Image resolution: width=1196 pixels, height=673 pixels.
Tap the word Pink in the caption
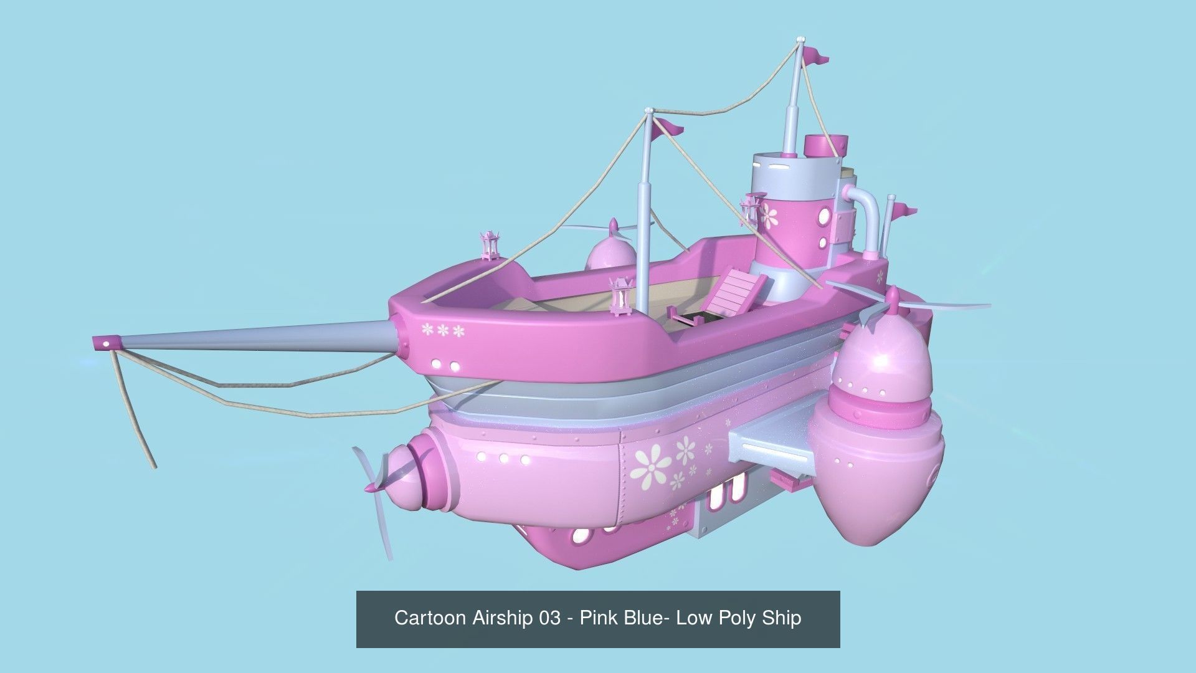coord(600,618)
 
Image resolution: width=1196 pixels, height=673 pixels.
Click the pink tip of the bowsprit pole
coord(104,343)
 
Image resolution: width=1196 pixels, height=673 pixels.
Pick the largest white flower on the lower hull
coord(651,467)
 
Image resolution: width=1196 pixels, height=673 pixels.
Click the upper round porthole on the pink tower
coord(826,217)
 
